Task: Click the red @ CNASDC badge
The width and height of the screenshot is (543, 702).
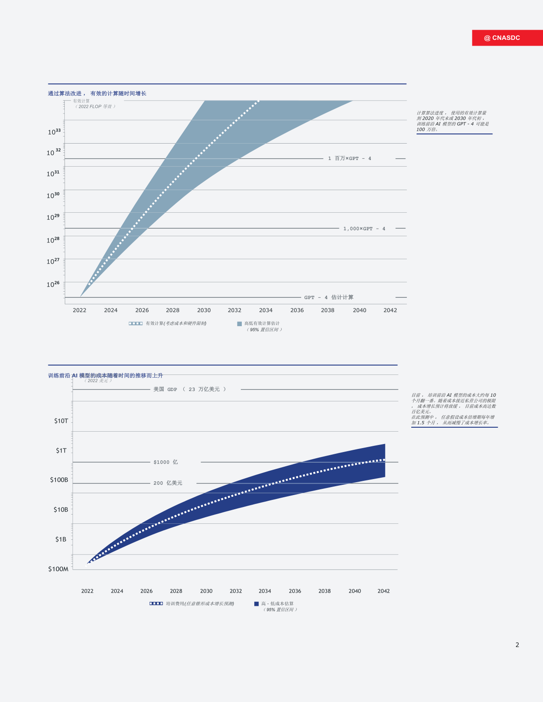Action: pos(507,38)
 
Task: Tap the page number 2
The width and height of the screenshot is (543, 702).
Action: pos(517,645)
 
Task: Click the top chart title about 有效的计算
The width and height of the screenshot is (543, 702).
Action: pos(97,94)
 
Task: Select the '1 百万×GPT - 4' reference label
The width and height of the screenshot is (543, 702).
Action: pos(350,158)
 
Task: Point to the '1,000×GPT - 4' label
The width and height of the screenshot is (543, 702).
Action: pos(364,229)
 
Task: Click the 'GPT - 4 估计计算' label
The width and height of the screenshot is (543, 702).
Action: pos(329,297)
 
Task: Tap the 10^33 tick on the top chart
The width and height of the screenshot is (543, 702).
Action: pos(54,132)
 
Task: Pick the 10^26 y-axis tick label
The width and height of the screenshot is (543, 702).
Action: pos(53,284)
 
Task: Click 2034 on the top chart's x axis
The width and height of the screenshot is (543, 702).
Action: pos(266,310)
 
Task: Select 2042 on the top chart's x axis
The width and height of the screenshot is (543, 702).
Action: pos(390,310)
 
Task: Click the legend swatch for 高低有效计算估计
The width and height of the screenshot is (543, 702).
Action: pos(240,324)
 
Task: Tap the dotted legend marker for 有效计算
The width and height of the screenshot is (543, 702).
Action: pos(136,324)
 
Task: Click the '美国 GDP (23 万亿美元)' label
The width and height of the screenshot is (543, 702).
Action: pos(190,390)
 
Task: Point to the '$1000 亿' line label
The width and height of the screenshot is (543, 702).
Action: pos(166,462)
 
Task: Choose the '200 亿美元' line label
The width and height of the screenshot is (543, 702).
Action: pos(168,483)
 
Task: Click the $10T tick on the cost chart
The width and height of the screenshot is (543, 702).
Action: pos(61,421)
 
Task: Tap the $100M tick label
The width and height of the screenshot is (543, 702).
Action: pos(58,569)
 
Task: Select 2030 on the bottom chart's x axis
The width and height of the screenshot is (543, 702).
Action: pos(206,591)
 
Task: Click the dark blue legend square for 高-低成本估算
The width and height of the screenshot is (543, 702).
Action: pos(256,604)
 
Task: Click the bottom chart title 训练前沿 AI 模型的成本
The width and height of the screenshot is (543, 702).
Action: pos(106,375)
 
